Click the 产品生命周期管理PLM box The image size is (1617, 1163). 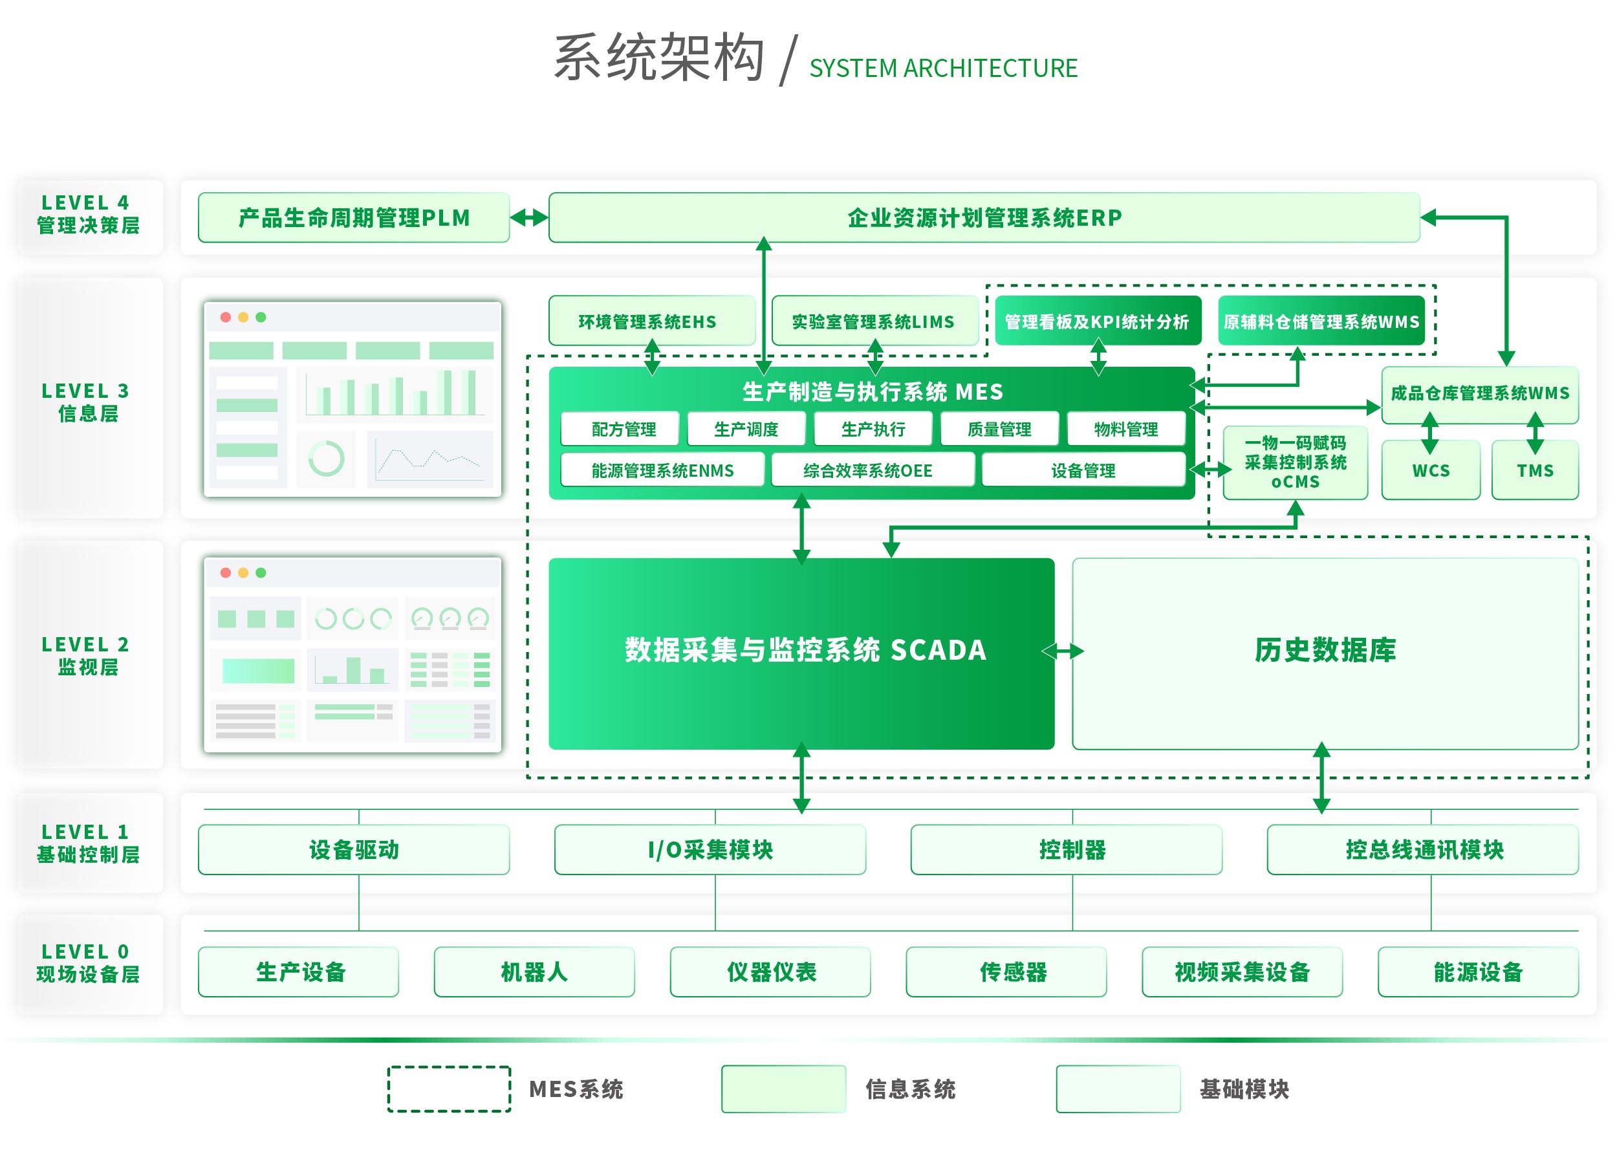pyautogui.click(x=354, y=217)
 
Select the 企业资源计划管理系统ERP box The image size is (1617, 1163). pyautogui.click(x=984, y=217)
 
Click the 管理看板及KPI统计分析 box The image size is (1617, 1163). pyautogui.click(x=1096, y=321)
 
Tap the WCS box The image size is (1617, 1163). pyautogui.click(x=1430, y=471)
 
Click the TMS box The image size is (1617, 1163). pyautogui.click(x=1534, y=471)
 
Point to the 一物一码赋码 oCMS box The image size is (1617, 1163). pyautogui.click(x=1295, y=462)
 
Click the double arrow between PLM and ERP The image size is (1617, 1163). pyautogui.click(x=529, y=217)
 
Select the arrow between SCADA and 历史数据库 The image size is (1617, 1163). pyautogui.click(x=1063, y=651)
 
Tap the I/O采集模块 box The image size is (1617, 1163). pyautogui.click(x=710, y=849)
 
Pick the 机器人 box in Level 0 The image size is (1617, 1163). pyautogui.click(x=534, y=971)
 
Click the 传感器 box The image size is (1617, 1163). pyautogui.click(x=1006, y=971)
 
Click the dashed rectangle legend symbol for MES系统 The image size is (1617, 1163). pyautogui.click(x=449, y=1089)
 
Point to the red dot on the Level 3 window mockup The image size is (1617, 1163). pyautogui.click(x=226, y=318)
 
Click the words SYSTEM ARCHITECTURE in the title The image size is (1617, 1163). pyautogui.click(x=942, y=69)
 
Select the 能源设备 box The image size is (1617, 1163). pyautogui.click(x=1478, y=971)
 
